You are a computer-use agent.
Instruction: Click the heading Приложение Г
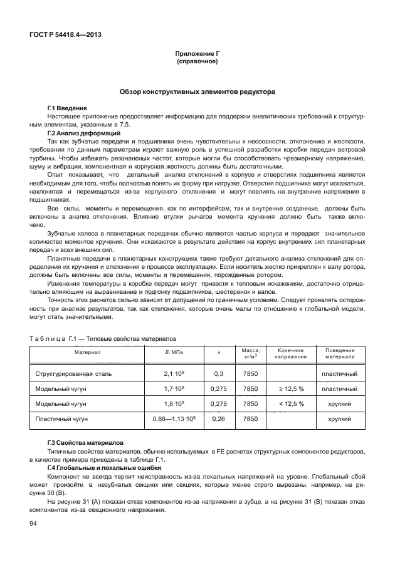tap(197, 55)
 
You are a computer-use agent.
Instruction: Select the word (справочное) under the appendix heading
tap(197, 63)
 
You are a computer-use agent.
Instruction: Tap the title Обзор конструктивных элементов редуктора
tap(197, 91)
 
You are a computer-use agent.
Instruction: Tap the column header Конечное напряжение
tap(290, 353)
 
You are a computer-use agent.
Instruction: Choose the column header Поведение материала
tap(339, 353)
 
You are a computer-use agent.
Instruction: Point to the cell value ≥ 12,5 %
tap(290, 389)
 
